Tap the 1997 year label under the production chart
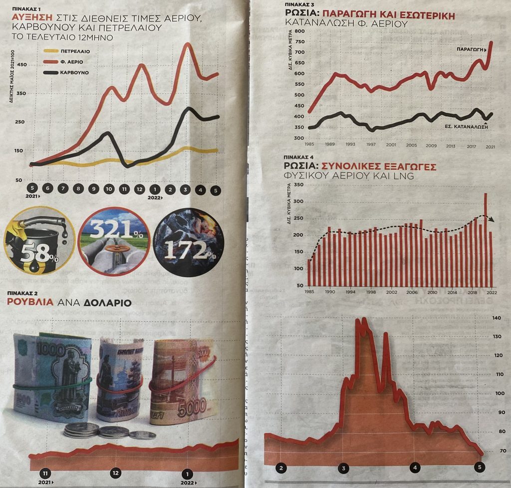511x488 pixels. (x=371, y=144)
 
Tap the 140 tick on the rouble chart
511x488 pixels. (x=496, y=318)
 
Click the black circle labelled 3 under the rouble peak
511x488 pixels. (x=343, y=468)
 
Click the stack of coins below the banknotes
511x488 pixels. (x=82, y=430)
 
